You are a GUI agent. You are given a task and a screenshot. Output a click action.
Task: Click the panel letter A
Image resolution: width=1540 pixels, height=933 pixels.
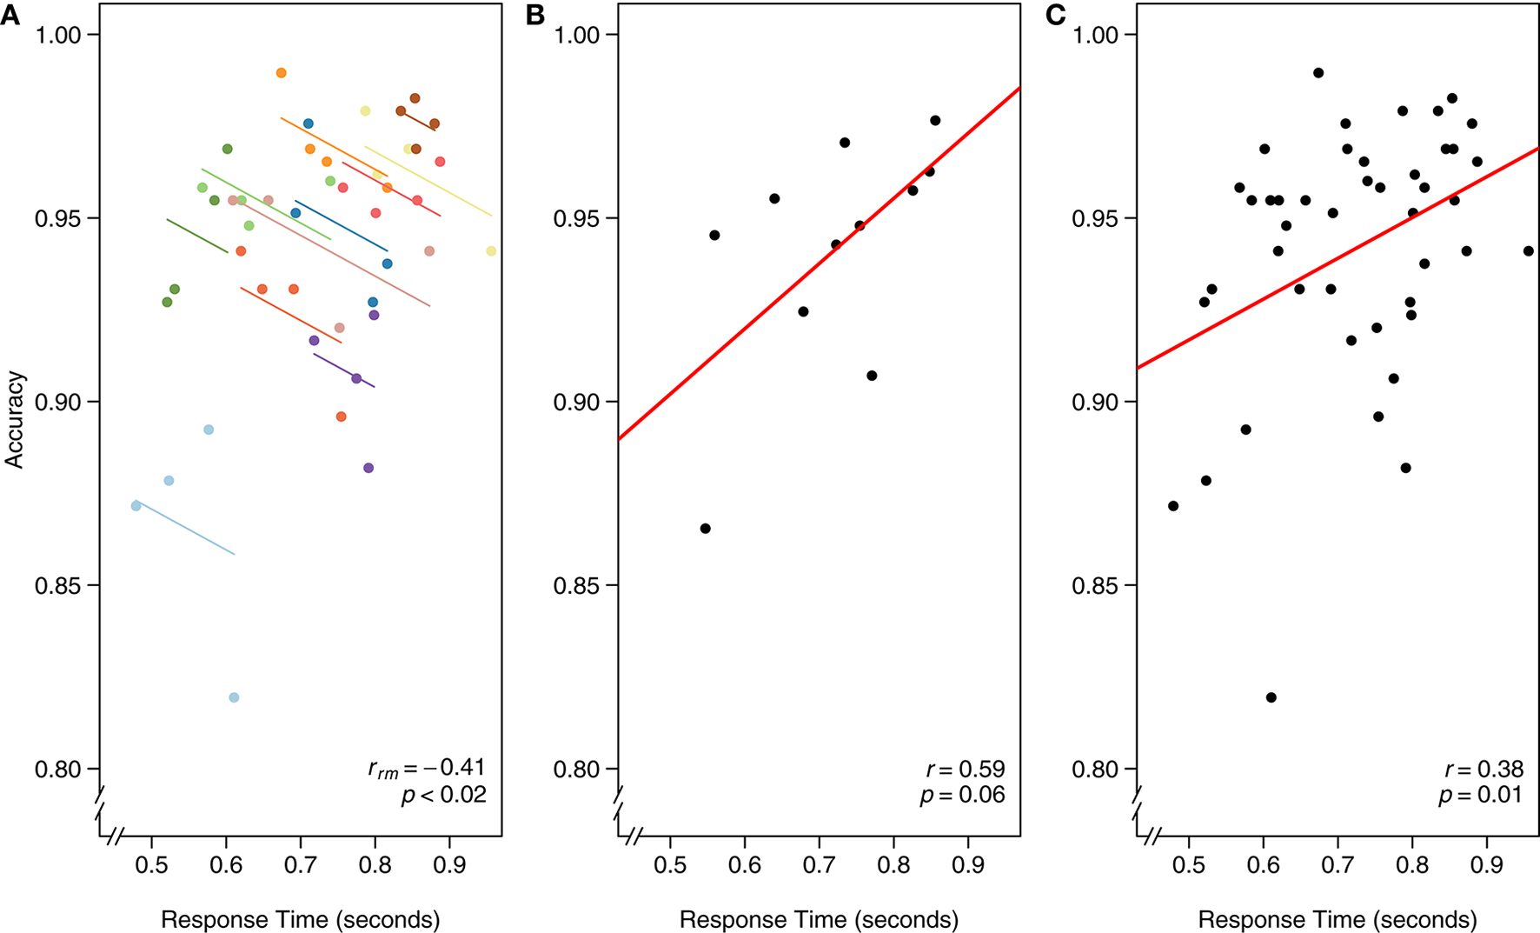(x=10, y=15)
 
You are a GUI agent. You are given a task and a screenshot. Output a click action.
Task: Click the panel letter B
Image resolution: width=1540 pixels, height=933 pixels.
(x=535, y=15)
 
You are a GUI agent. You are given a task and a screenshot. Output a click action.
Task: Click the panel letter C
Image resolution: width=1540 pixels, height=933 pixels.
(x=1055, y=15)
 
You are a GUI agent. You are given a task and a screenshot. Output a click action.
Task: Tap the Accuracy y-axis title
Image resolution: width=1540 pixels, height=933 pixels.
(x=15, y=420)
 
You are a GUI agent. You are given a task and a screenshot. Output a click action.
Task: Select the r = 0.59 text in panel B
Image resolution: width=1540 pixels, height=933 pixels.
(x=965, y=769)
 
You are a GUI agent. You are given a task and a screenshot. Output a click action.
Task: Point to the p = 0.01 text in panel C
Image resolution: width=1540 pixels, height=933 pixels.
(x=1480, y=795)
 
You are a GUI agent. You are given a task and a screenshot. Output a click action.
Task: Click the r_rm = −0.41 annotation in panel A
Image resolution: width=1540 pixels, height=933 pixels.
(x=426, y=768)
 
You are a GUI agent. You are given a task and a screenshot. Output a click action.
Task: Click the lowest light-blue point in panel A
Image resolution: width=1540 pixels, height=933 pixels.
(x=234, y=697)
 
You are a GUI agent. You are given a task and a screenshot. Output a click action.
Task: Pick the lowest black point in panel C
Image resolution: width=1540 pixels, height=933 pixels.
(x=1271, y=697)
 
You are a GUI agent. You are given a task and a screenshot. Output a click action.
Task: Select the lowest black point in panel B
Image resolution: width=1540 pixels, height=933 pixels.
(x=705, y=529)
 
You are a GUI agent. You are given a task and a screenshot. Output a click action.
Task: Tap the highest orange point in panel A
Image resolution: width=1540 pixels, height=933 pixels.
(x=281, y=73)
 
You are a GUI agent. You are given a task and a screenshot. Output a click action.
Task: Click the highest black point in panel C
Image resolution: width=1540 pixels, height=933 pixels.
(x=1318, y=73)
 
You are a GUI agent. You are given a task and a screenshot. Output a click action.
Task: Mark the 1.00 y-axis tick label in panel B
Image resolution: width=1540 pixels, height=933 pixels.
(x=577, y=36)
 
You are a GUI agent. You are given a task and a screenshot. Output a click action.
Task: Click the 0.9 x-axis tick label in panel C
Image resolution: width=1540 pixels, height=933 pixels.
(x=1486, y=866)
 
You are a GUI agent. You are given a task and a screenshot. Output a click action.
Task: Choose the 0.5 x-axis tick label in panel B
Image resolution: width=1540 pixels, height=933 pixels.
(x=670, y=866)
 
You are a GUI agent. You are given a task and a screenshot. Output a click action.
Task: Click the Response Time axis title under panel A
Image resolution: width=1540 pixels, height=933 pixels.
(x=300, y=919)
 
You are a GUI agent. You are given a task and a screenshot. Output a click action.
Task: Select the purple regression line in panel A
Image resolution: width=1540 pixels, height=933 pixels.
(x=344, y=370)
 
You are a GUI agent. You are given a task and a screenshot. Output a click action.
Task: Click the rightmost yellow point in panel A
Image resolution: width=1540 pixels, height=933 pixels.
(x=491, y=251)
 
